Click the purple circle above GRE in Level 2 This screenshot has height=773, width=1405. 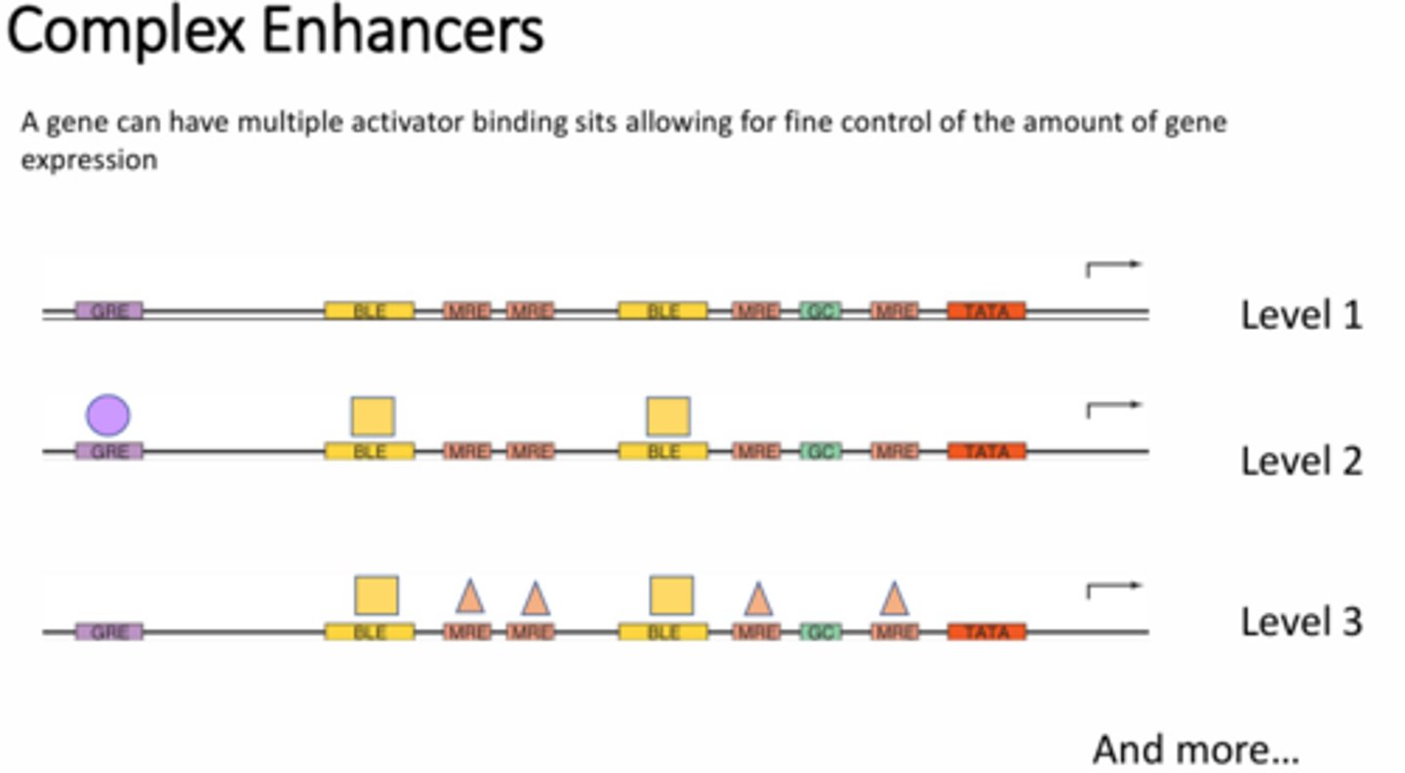pos(108,415)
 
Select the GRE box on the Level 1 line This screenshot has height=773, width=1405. pos(109,311)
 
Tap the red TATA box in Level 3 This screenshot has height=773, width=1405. pos(986,632)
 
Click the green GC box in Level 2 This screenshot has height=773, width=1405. pos(821,452)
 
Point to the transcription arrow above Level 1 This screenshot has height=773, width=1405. pos(1112,267)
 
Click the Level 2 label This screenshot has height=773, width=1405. pos(1301,461)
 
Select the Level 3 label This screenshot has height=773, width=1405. pos(1301,622)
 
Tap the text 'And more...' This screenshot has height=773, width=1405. pos(1195,750)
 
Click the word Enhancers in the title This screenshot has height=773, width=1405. pos(402,31)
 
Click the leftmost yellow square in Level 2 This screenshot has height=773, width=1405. pos(373,416)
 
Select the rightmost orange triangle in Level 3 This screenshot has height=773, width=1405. pos(894,598)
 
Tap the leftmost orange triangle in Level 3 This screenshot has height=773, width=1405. pos(470,595)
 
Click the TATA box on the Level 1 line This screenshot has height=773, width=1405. pos(986,311)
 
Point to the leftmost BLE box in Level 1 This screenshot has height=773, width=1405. pos(370,311)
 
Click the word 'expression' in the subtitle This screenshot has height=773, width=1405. pos(89,160)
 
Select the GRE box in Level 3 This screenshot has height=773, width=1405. pos(109,632)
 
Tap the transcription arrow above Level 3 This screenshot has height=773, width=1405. pos(1112,590)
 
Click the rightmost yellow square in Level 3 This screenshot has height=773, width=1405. pos(671,595)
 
